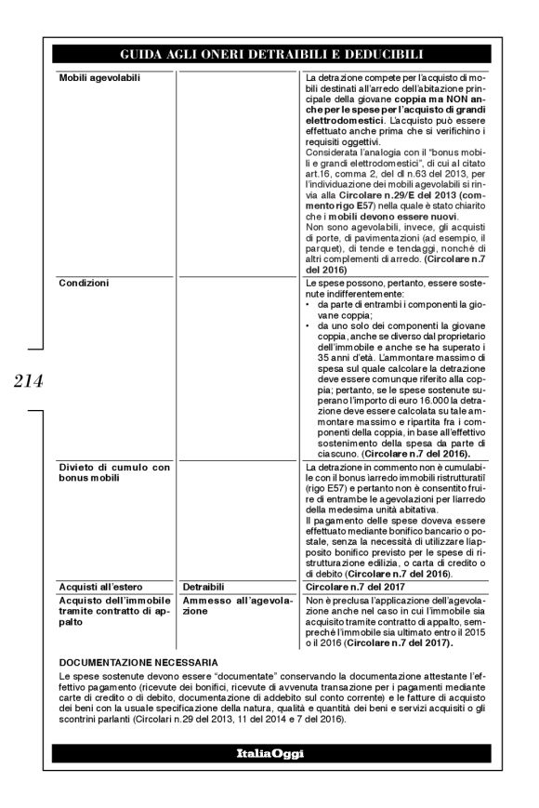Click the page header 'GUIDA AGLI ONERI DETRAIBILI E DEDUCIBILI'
tap(269, 54)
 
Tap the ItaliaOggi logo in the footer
tap(269, 754)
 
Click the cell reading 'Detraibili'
tap(204, 588)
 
